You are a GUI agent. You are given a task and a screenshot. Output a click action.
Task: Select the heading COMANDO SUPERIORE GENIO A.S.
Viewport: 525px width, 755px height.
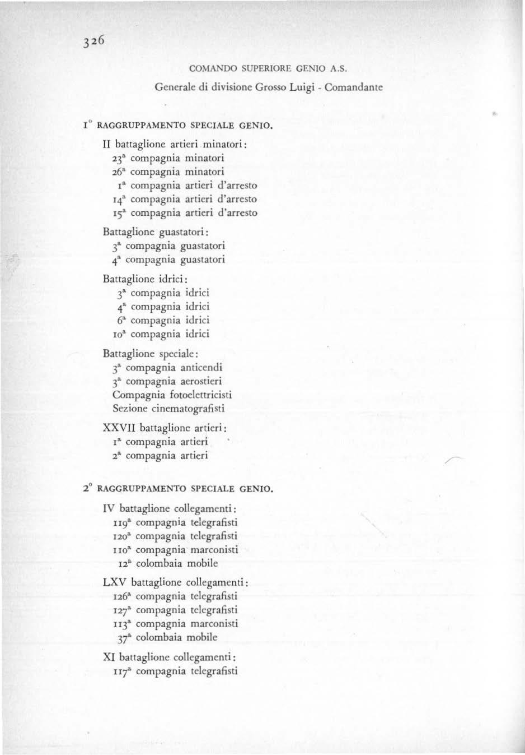tap(269, 70)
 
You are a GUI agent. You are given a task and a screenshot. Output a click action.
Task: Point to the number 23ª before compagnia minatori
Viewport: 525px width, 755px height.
tap(119, 158)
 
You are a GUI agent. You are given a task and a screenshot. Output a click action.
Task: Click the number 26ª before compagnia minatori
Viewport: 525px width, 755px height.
tap(119, 172)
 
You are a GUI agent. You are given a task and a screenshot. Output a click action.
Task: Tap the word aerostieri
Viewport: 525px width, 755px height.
tap(202, 381)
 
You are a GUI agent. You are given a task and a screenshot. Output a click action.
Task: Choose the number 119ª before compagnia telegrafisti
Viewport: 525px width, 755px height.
tap(123, 522)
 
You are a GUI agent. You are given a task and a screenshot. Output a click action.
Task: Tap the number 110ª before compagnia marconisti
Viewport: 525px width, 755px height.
tap(123, 549)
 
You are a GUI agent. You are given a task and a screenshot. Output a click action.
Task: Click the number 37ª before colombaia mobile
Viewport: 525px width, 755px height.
tap(125, 637)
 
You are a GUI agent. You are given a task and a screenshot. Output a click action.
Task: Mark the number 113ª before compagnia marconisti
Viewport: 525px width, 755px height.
tap(123, 623)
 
